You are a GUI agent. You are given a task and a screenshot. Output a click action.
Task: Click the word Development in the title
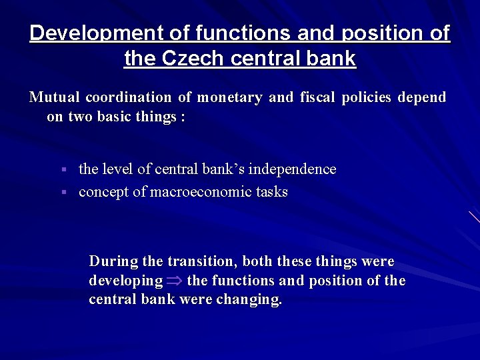(85, 33)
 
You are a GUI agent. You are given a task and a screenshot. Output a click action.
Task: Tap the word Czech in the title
(193, 59)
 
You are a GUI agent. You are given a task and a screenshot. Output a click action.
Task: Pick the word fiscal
(317, 97)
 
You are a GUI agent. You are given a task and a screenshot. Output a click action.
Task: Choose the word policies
(367, 97)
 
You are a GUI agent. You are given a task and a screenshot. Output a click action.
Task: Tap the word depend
(421, 97)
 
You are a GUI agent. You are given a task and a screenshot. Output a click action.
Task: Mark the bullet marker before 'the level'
(64, 170)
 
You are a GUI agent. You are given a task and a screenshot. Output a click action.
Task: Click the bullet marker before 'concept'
(64, 193)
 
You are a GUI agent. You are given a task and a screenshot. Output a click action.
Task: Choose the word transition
(203, 261)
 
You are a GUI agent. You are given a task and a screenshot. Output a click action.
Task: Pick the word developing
(125, 281)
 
